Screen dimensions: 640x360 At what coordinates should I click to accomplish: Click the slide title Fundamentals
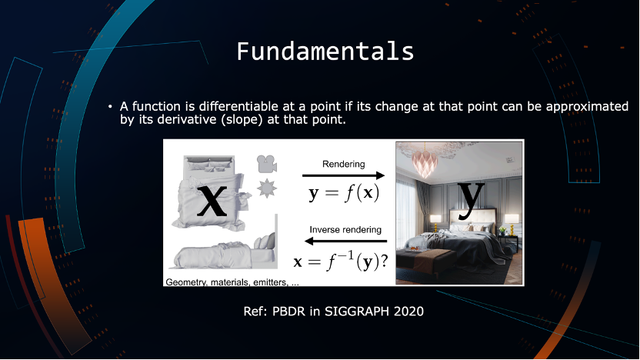click(325, 52)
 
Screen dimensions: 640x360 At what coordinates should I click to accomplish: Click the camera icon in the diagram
click(267, 164)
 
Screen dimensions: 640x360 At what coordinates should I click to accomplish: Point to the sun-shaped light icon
click(267, 188)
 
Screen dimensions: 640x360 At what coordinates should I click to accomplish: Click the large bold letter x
click(212, 201)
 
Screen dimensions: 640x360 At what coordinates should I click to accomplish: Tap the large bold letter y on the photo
click(471, 200)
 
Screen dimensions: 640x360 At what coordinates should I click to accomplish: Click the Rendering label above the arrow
click(344, 164)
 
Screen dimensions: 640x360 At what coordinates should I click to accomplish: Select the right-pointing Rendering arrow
click(343, 175)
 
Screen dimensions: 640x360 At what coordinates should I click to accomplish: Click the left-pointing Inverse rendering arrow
click(345, 242)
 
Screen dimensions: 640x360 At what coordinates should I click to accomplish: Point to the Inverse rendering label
click(345, 230)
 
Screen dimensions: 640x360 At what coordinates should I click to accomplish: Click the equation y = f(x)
click(344, 194)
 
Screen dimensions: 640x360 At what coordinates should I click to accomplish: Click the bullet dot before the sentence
click(110, 107)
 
